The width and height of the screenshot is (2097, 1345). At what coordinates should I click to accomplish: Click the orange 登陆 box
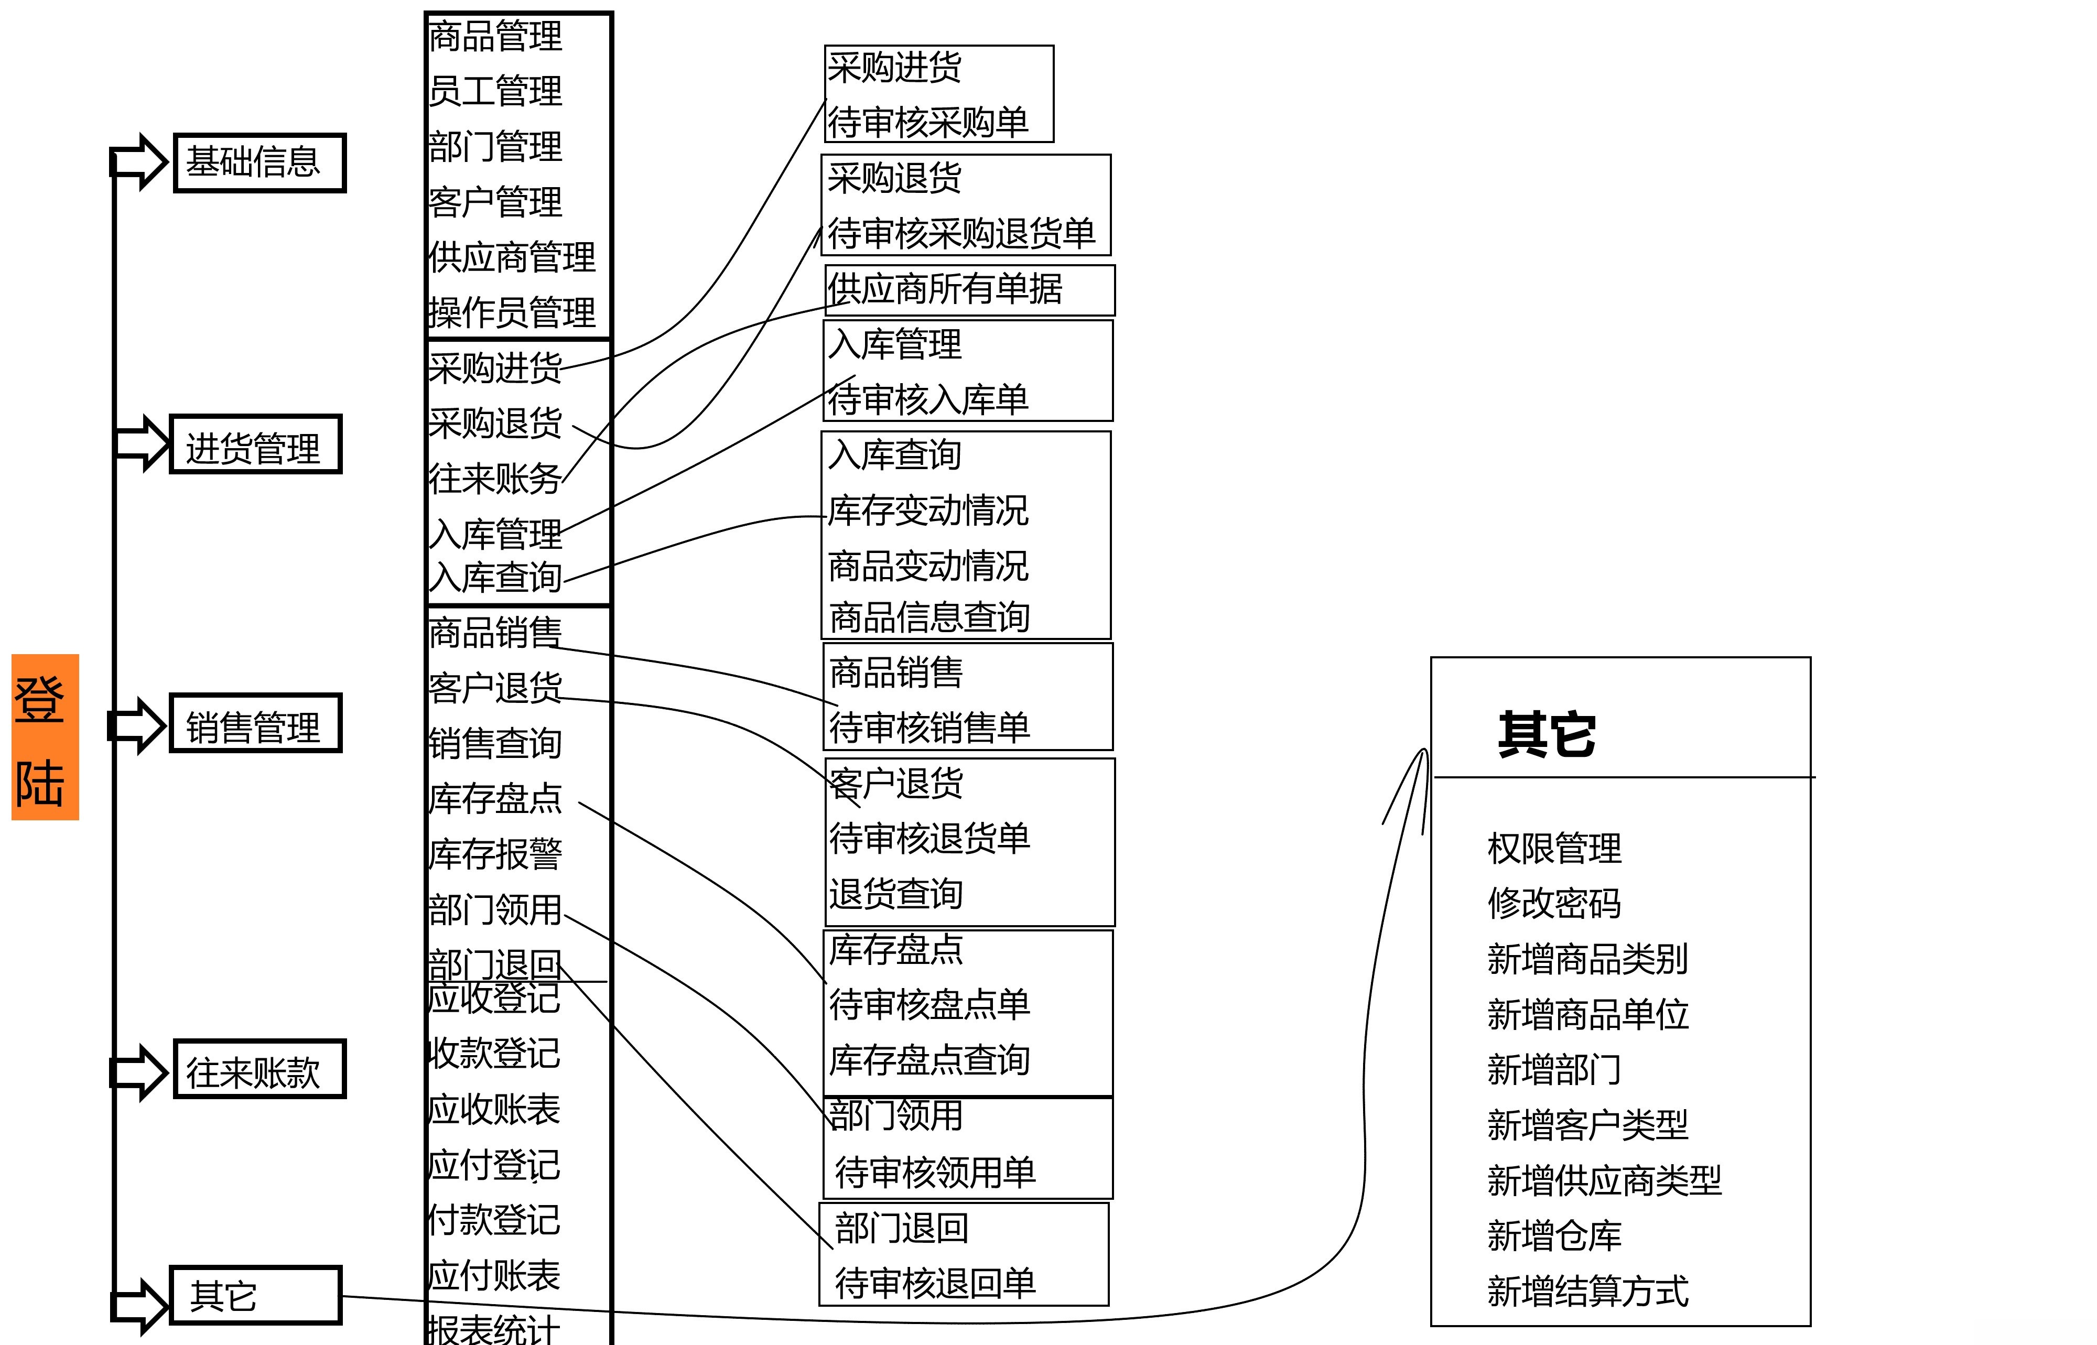45,737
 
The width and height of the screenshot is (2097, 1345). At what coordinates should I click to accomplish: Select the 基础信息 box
260,162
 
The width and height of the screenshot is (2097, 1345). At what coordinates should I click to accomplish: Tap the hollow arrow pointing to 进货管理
140,443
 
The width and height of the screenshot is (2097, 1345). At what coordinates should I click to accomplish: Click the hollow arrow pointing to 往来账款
138,1071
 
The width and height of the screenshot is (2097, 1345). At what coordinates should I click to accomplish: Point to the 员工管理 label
495,91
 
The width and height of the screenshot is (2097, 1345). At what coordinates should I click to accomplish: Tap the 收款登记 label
494,1053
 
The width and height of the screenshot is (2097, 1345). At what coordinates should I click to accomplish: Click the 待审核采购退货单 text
961,233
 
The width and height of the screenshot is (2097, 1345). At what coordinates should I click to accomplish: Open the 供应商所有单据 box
969,290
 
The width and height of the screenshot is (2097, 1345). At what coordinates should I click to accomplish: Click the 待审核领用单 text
935,1172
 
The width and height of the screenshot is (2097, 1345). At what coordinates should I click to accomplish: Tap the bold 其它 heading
1547,734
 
